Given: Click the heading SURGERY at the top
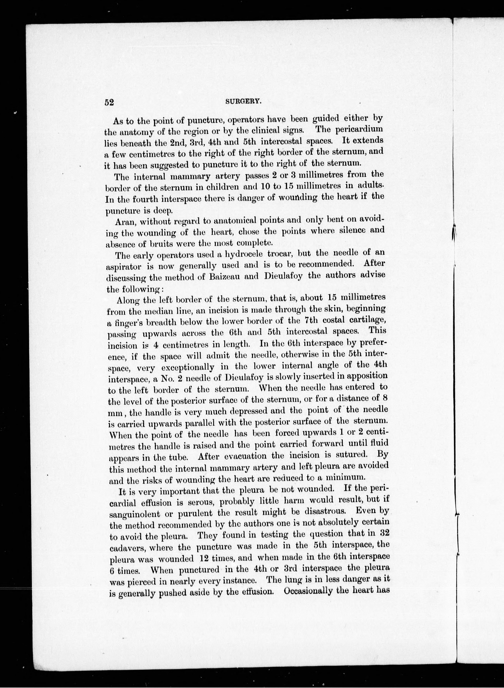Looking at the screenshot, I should point(243,102).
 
